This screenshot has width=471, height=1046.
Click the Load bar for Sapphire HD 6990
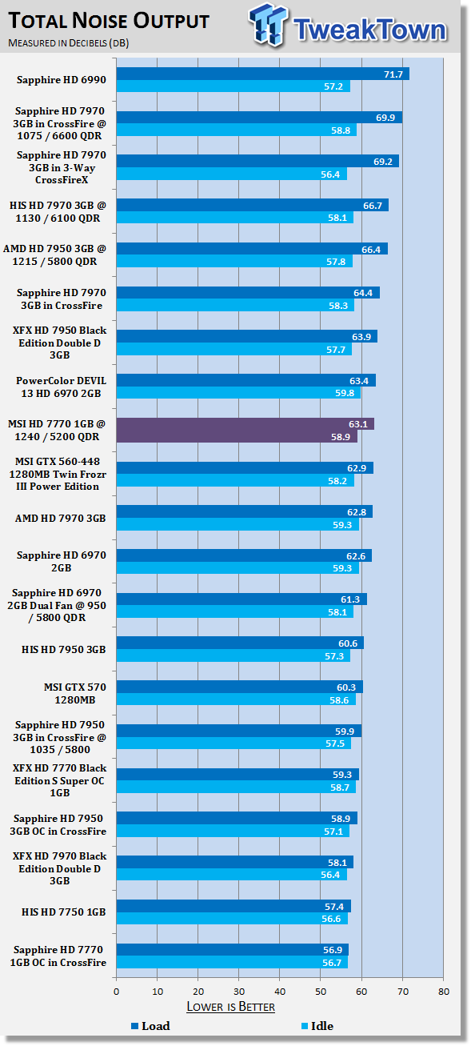(x=263, y=74)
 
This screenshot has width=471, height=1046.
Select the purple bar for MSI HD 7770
(x=245, y=430)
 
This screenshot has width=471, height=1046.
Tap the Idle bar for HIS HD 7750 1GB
(x=232, y=919)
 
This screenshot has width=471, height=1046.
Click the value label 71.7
(x=393, y=74)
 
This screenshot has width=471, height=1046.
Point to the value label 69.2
(x=383, y=162)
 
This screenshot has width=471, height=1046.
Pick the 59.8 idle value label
(x=345, y=393)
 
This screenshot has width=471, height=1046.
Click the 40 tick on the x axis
(x=280, y=992)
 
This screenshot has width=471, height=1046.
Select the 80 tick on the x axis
(x=444, y=992)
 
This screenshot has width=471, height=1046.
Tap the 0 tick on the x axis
(x=116, y=992)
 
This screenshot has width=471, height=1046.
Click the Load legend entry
(x=150, y=1026)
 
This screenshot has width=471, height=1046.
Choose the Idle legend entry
(x=317, y=1026)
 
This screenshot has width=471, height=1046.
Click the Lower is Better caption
(x=230, y=1007)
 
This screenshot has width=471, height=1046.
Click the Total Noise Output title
(x=109, y=21)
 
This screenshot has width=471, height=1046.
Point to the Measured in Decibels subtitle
(x=69, y=43)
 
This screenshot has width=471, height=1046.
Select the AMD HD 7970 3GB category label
(x=60, y=519)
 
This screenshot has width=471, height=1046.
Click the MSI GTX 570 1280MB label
(x=74, y=693)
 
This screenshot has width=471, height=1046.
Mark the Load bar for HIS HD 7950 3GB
(x=240, y=643)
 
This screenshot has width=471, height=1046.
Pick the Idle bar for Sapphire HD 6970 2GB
(x=237, y=568)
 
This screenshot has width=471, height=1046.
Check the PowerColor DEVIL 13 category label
(x=61, y=387)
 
